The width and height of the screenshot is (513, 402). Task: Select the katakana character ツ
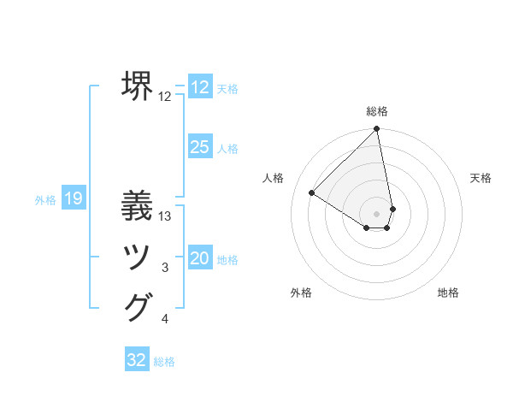[x=138, y=257]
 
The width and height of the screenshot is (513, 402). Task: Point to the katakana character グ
[x=138, y=307]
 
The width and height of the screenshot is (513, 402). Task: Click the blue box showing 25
[x=199, y=147]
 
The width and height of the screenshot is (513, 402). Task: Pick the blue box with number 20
[x=199, y=258]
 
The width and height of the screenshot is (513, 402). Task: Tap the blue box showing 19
[x=74, y=199]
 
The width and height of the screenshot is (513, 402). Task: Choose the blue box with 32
[x=137, y=360]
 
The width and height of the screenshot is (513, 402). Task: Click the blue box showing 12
[x=199, y=87]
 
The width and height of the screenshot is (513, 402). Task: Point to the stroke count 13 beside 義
[x=166, y=216]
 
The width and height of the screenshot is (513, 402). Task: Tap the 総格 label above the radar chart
[x=377, y=111]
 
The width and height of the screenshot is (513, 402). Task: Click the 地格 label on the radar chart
[x=448, y=293]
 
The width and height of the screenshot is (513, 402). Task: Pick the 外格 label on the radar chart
[x=301, y=293]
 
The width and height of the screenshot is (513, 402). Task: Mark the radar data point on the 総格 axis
[x=377, y=129]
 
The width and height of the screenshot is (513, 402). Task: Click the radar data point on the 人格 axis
[x=312, y=192]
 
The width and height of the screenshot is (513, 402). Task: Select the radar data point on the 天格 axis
[x=392, y=208]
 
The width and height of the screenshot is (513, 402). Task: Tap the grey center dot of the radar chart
[x=377, y=213]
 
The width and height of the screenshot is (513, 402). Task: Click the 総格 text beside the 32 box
[x=164, y=362]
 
